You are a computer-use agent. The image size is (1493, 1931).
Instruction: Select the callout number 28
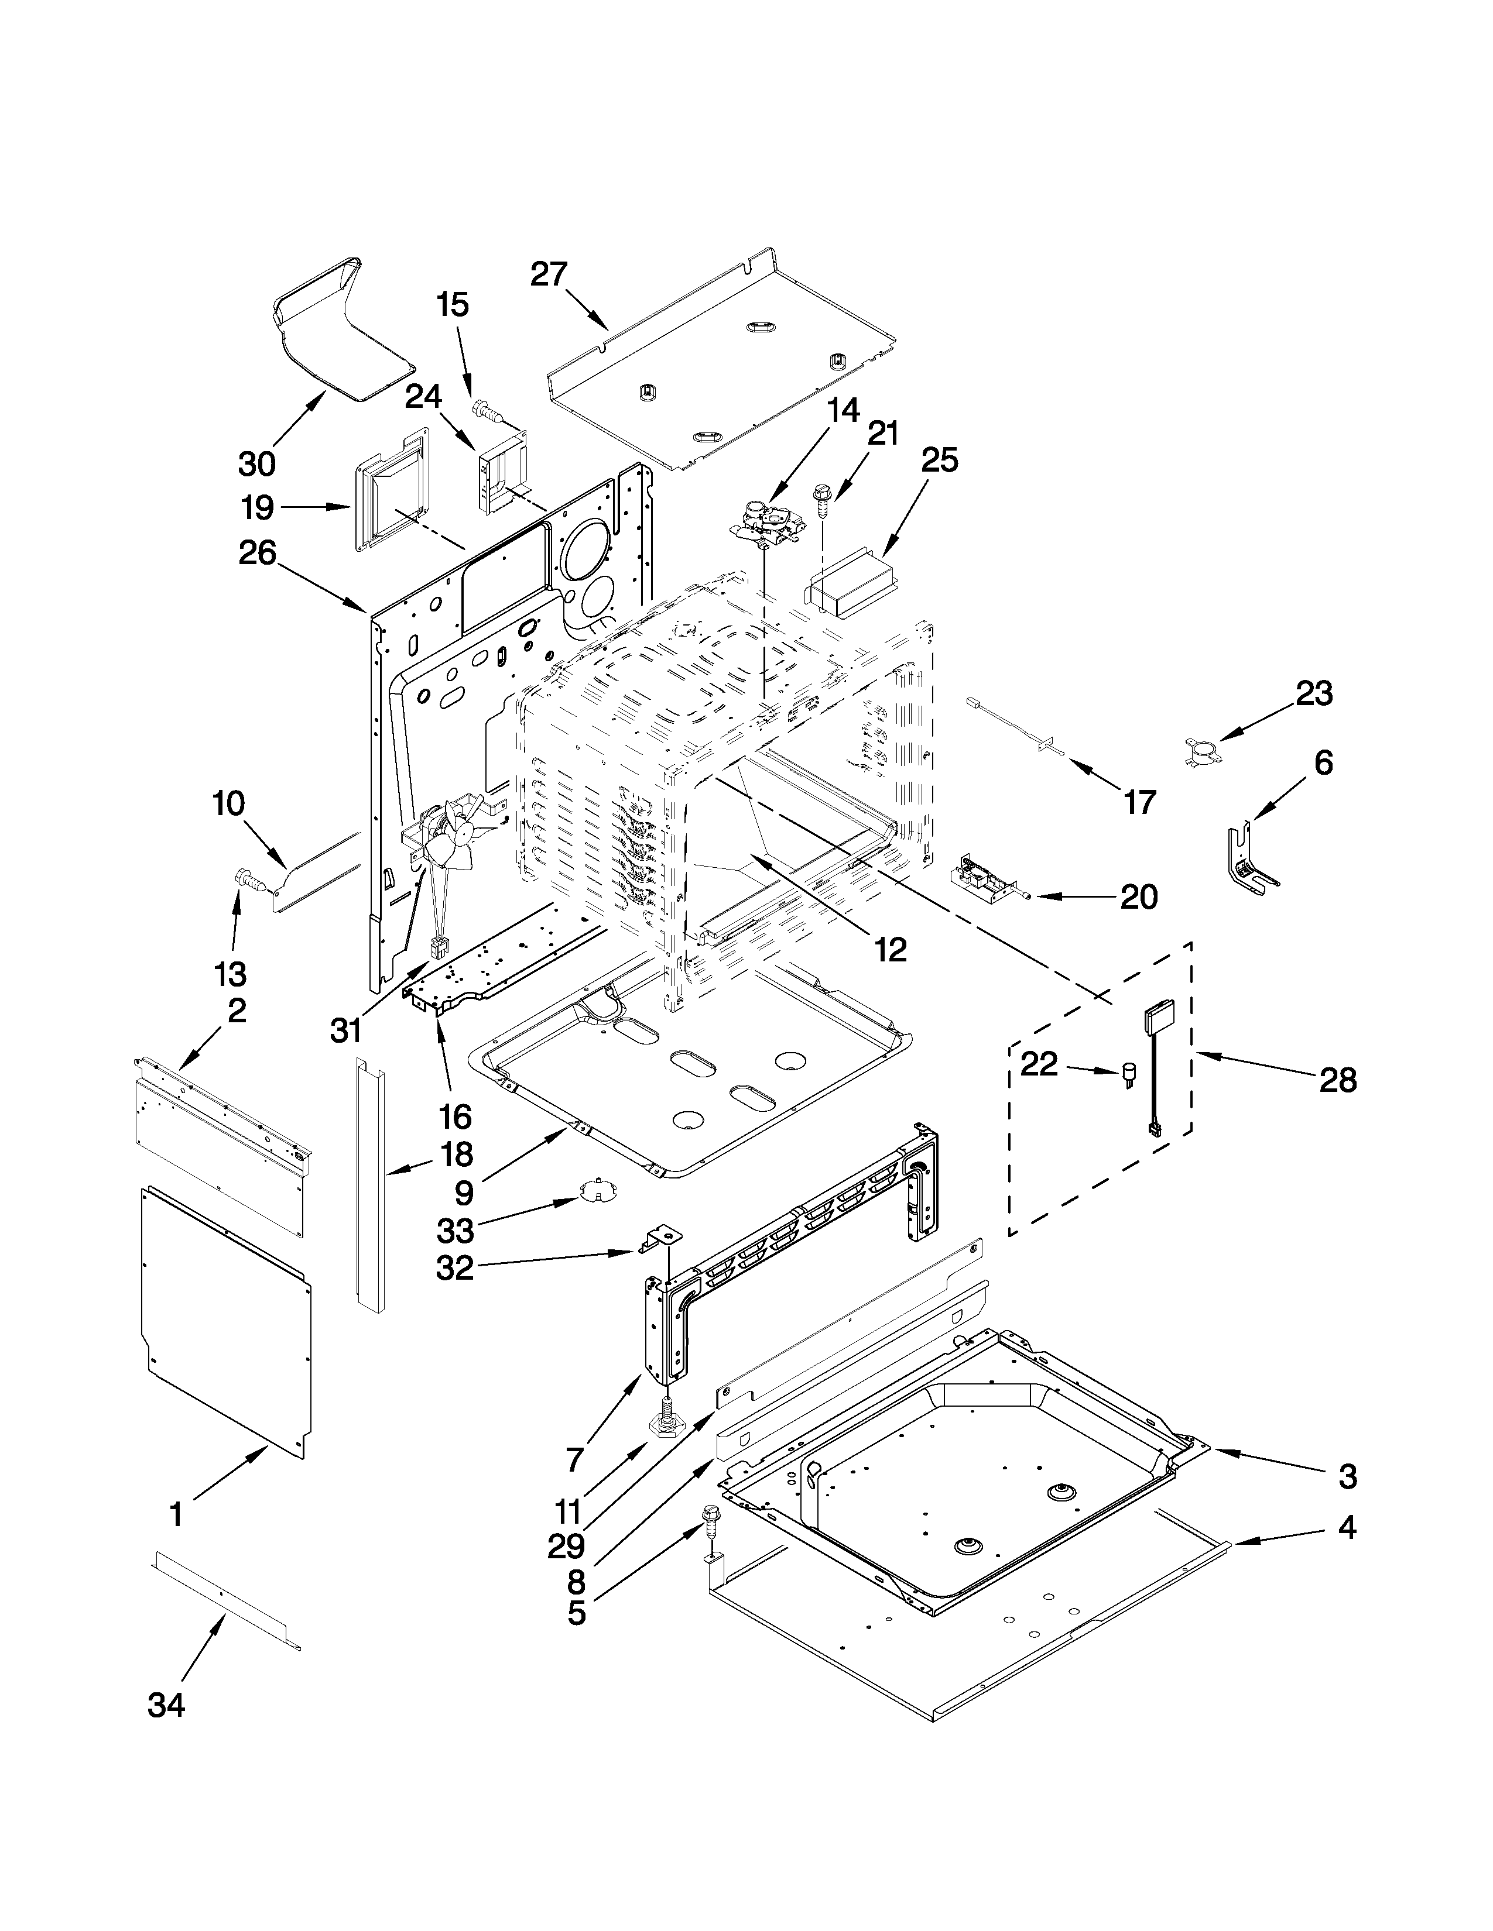coord(1337,1080)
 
